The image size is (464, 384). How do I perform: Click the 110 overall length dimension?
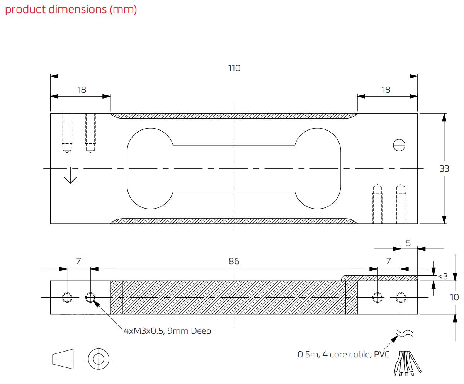click(x=234, y=68)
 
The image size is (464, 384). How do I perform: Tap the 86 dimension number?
click(x=234, y=261)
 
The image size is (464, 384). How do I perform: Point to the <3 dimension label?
click(x=443, y=276)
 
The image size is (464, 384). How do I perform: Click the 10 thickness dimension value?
click(x=454, y=297)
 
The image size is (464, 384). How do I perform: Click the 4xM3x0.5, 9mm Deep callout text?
click(x=167, y=331)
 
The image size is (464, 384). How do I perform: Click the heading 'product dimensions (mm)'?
click(x=71, y=10)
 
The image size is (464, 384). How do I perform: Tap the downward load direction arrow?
click(x=70, y=175)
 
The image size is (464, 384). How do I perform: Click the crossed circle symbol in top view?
click(x=399, y=145)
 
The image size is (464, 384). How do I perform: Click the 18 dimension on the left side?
click(x=82, y=90)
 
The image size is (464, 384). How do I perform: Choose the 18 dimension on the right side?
click(x=386, y=90)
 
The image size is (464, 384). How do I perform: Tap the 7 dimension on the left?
click(x=78, y=261)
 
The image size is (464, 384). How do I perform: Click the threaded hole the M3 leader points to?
click(x=90, y=297)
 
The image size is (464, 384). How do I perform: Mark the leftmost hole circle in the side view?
click(x=67, y=297)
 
